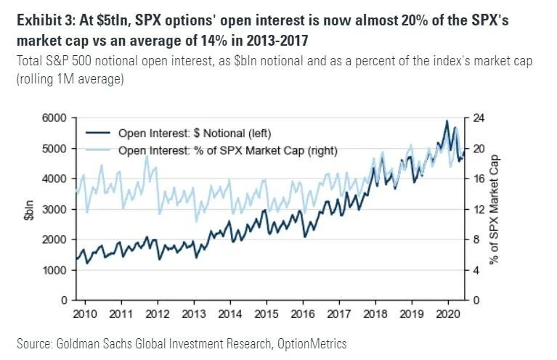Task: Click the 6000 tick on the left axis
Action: pyautogui.click(x=55, y=118)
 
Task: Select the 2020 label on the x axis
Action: pyautogui.click(x=450, y=316)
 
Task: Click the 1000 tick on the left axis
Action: pyautogui.click(x=55, y=270)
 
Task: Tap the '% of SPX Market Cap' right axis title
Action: pyautogui.click(x=495, y=209)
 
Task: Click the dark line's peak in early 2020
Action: pyautogui.click(x=447, y=121)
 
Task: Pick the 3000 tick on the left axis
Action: pyautogui.click(x=55, y=209)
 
